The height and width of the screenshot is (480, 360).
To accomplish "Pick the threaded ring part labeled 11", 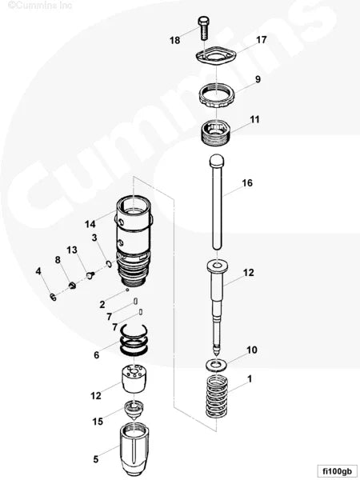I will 217,130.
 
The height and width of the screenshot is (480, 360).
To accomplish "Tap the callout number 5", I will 96,459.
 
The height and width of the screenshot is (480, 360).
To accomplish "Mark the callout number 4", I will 38,271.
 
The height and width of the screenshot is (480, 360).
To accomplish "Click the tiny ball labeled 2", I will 127,290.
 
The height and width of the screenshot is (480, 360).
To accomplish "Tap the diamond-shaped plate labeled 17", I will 216,57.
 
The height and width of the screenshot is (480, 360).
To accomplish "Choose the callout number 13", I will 71,250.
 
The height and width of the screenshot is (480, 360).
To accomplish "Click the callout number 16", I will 247,183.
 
